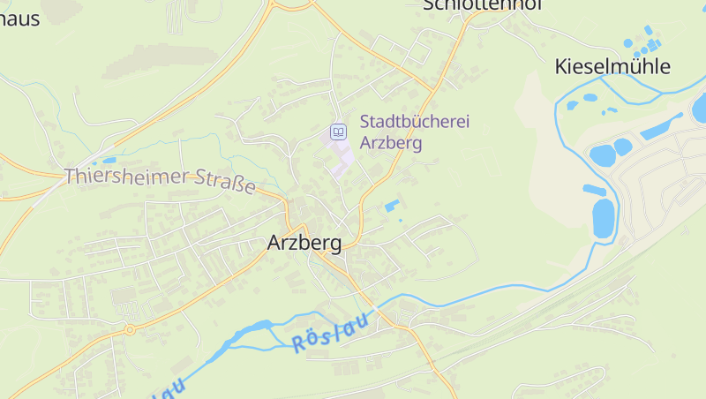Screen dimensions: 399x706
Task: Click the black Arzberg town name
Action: pos(304,243)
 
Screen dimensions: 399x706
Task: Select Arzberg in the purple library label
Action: pos(391,142)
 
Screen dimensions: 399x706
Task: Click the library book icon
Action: pos(338,132)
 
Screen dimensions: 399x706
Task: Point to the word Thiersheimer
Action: pos(125,176)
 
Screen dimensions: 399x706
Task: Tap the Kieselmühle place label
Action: pos(612,66)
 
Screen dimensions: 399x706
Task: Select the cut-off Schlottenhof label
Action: pos(481,5)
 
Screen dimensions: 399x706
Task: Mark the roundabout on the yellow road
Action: pos(129,329)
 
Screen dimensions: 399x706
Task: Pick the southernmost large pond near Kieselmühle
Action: pos(603,218)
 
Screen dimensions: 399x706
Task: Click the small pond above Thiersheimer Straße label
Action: pos(108,162)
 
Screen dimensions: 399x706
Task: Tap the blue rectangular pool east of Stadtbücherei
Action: pos(392,206)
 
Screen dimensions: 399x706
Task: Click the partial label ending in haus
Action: pos(19,18)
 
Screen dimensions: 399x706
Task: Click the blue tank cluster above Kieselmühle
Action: pos(642,40)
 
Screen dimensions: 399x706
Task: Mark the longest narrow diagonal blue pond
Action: pos(661,126)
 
